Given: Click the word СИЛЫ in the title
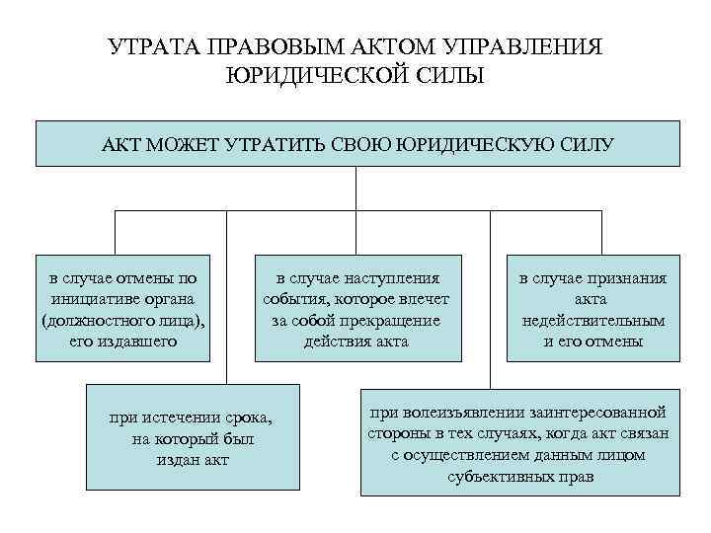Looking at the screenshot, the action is tap(455, 76).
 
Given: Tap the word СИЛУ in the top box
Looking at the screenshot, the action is tap(585, 145).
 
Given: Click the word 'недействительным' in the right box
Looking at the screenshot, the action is tap(592, 321).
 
